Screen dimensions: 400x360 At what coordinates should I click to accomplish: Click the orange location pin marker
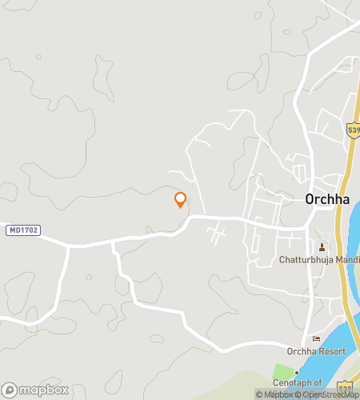click(x=180, y=199)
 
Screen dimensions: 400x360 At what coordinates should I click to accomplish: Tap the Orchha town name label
click(x=327, y=200)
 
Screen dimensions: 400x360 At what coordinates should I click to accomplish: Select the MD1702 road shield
click(x=23, y=230)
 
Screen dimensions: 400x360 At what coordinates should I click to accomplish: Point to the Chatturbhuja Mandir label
click(x=319, y=259)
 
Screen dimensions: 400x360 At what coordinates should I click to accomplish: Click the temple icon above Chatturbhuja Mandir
click(x=322, y=246)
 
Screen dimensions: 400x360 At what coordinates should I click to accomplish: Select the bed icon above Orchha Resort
click(x=316, y=338)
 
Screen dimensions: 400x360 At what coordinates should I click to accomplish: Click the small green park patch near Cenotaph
click(x=282, y=372)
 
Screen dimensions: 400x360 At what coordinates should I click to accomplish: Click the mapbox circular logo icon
click(x=9, y=390)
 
